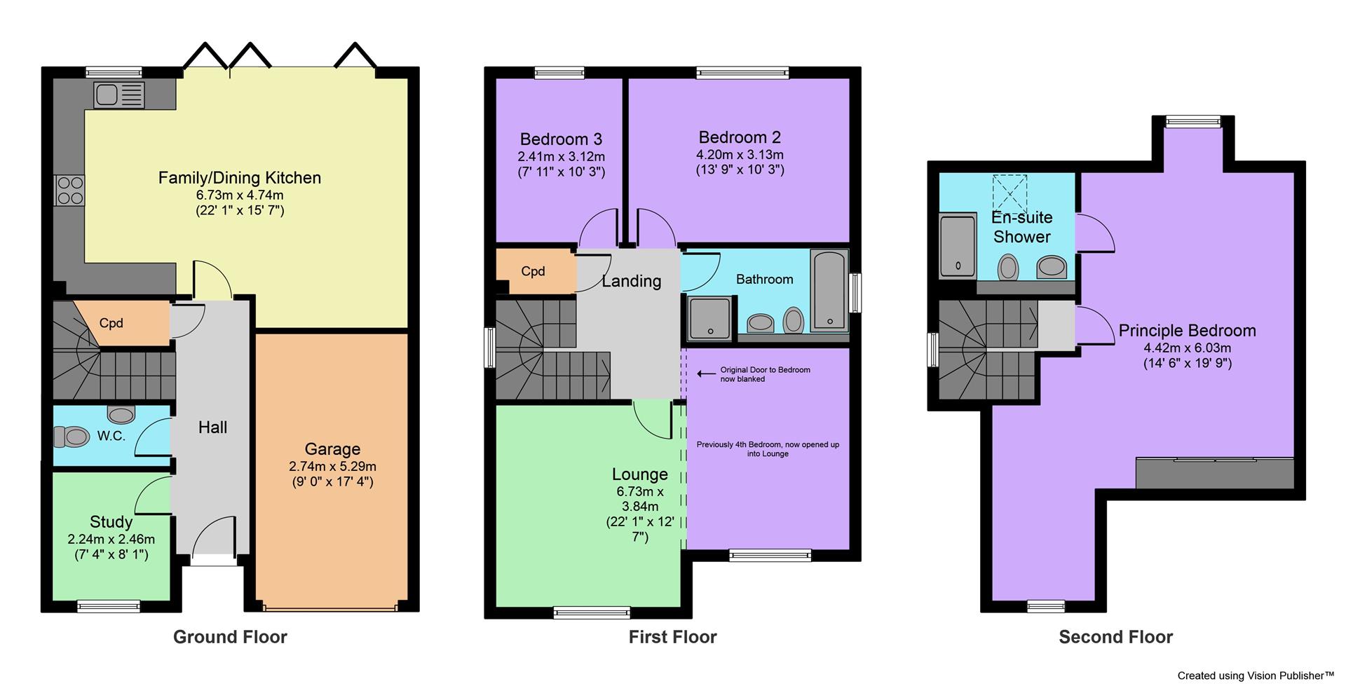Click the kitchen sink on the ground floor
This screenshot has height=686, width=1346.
point(118,95)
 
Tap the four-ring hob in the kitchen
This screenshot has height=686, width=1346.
point(70,190)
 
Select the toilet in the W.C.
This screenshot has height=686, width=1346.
point(72,437)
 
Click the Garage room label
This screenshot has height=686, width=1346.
point(332,449)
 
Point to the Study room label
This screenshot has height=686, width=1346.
point(111,522)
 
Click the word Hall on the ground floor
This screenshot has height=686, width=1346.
point(212,427)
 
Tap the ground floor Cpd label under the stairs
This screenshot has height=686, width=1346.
point(111,323)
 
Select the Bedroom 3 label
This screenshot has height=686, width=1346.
point(561,139)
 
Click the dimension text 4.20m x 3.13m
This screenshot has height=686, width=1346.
point(740,155)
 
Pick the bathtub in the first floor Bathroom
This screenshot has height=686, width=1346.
point(829,291)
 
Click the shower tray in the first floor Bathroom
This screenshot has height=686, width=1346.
point(709,317)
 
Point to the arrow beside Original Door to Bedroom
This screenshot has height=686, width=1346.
point(705,374)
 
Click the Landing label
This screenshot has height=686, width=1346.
point(631,281)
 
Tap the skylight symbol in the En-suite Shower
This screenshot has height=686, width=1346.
point(1009,193)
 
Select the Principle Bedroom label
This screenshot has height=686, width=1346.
point(1187,331)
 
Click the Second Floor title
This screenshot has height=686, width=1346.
point(1115,637)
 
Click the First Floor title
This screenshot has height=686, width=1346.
point(672,637)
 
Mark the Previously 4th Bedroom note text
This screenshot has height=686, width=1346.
point(768,448)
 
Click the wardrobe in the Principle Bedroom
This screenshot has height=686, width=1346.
point(1214,474)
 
